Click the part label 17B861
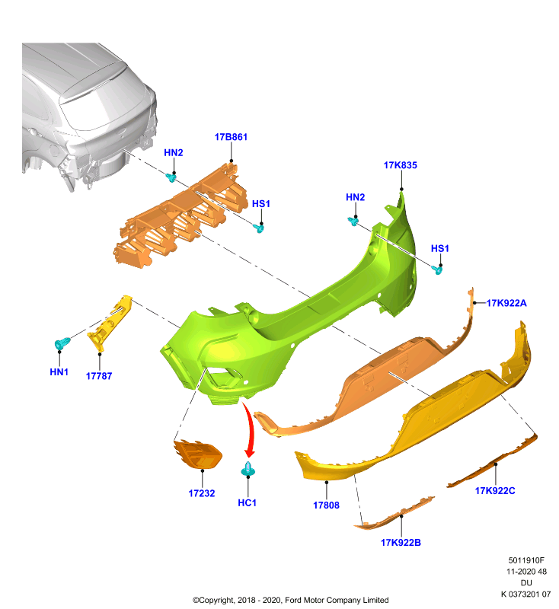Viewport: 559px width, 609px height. [x=231, y=137]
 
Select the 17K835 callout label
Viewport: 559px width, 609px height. [x=400, y=165]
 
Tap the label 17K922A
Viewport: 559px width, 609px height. [x=506, y=303]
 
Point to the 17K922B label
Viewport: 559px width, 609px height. [x=401, y=543]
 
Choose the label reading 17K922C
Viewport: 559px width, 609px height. [x=495, y=491]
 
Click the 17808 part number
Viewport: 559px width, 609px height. [x=326, y=505]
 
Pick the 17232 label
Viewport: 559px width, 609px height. [x=202, y=493]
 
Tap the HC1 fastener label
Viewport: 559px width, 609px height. [x=247, y=503]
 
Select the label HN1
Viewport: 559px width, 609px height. [x=59, y=372]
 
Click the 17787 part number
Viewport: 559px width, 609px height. [x=99, y=376]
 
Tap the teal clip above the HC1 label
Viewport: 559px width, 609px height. [x=248, y=469]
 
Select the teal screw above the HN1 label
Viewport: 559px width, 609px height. [x=62, y=343]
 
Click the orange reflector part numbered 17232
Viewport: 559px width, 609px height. [x=198, y=454]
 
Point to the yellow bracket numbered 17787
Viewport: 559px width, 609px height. [x=110, y=324]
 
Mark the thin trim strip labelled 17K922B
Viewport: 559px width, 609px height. [x=394, y=512]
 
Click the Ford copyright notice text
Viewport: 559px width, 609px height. [x=291, y=600]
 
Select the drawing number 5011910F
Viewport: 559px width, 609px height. [x=526, y=560]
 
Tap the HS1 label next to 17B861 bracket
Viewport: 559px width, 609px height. [x=261, y=204]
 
